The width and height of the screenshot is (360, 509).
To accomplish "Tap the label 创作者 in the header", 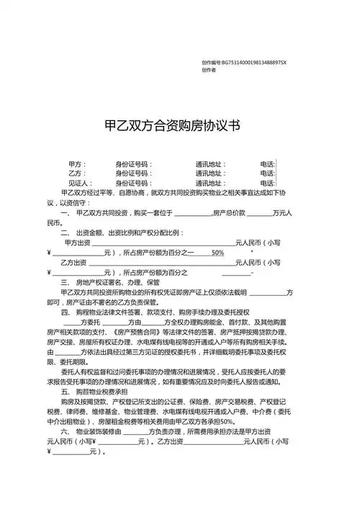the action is point(210,70).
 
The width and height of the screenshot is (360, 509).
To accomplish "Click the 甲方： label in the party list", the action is point(77,164).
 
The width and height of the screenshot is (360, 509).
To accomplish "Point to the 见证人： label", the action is point(79,183).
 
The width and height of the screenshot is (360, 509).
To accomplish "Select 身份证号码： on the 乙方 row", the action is point(135,174).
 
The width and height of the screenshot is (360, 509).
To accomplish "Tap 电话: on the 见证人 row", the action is point(267,183).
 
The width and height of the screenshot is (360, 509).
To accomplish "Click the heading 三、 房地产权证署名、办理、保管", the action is point(114,282).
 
